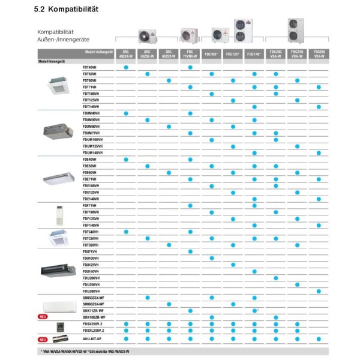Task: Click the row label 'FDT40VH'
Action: coord(90,67)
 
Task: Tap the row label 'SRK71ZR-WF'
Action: coord(94,311)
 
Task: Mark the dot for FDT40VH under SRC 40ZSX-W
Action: coord(126,67)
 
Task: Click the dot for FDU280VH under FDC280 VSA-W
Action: coord(319,291)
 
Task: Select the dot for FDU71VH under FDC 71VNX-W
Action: coord(190,251)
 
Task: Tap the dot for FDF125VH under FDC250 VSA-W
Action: coord(297,218)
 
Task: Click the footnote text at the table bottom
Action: coord(84,350)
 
